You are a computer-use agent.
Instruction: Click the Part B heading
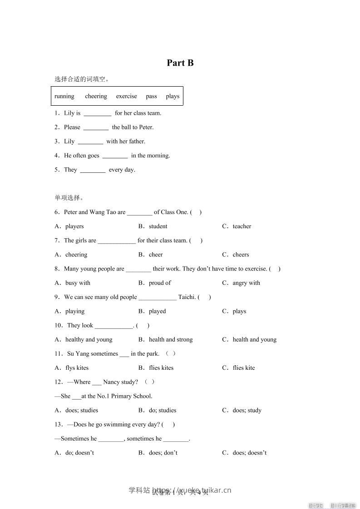(180, 63)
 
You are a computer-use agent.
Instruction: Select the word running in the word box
(64, 96)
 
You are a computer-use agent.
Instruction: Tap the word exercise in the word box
(126, 96)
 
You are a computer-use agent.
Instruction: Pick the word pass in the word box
(151, 96)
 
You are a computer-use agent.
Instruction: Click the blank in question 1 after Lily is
(98, 113)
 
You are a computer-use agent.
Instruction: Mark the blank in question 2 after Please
(96, 127)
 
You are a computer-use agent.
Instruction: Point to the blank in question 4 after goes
(115, 156)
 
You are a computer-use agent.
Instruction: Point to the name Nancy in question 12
(111, 382)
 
